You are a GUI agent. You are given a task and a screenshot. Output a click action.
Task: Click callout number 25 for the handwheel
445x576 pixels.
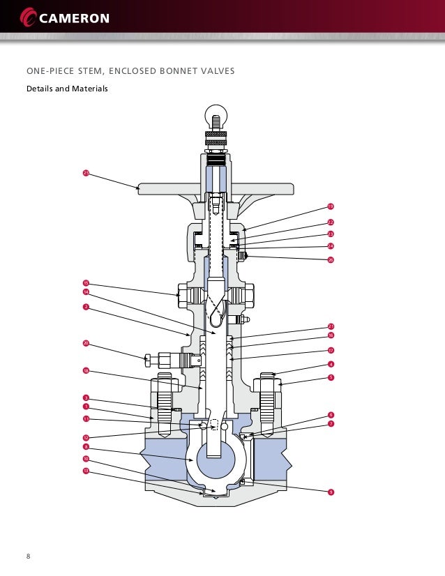coord(85,172)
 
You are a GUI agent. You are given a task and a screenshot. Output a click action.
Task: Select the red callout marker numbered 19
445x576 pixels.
coord(331,206)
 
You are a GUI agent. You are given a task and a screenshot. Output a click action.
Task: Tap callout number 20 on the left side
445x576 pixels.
coord(85,343)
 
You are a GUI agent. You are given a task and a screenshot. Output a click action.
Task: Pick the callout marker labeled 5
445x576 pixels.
coord(331,377)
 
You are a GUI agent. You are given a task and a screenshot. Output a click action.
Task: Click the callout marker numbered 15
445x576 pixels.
coord(85,282)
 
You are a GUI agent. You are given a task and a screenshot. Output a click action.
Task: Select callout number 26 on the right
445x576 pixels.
coord(331,259)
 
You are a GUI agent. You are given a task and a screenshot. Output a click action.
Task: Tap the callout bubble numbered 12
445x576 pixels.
coord(85,437)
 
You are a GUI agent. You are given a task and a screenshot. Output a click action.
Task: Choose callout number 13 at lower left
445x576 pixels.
coord(85,471)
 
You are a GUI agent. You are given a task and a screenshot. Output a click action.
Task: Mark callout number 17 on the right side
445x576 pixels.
coord(331,350)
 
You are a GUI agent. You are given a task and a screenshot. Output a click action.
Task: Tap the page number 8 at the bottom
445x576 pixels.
coord(29,556)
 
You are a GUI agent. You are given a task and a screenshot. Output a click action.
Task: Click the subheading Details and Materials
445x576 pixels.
coord(67,89)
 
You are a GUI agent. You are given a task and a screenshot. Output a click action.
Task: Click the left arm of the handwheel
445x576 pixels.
coord(160,187)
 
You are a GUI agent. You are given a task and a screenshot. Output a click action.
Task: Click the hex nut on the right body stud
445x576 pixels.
coord(269,384)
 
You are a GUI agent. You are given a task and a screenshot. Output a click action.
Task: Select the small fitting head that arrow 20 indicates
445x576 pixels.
coord(147,360)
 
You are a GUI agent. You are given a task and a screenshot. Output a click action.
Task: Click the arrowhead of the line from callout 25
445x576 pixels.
coord(140,188)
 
